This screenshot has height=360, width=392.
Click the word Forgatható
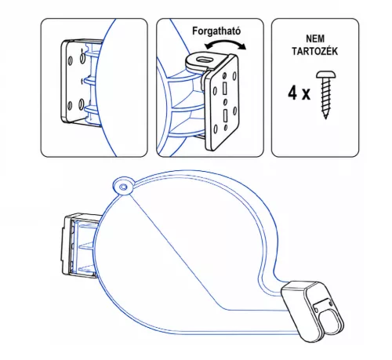(x=216, y=31)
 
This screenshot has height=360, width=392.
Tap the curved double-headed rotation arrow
(x=225, y=42)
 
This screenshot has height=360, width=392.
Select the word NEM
(x=315, y=38)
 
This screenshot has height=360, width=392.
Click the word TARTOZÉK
(x=315, y=51)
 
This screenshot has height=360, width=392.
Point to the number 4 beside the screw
(x=292, y=93)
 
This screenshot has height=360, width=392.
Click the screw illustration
(x=326, y=95)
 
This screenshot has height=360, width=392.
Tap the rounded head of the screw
(x=326, y=75)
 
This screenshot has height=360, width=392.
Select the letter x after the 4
(x=306, y=95)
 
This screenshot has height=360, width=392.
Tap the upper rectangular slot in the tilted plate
(x=224, y=88)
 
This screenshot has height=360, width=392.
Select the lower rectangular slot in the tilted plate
(x=225, y=116)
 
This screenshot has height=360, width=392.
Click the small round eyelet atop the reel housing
(x=123, y=187)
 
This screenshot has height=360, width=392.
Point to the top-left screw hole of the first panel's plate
(x=70, y=61)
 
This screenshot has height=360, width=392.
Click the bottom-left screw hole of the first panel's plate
(x=70, y=106)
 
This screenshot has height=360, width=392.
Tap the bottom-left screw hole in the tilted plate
(x=216, y=129)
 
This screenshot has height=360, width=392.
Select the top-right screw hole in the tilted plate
(x=234, y=76)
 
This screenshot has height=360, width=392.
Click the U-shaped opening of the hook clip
(x=330, y=322)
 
